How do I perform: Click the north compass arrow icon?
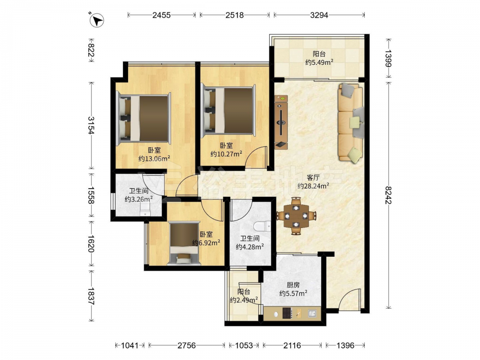point(97,21)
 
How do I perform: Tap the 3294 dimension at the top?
point(319,15)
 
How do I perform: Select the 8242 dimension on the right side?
point(389,195)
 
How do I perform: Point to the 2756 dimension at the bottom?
point(186,346)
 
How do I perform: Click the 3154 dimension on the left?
point(91,125)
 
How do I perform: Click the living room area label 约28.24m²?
point(313,185)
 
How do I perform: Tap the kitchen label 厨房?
point(293,285)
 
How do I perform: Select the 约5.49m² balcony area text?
point(319,62)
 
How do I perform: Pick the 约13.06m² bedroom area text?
point(154,158)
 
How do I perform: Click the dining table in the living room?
point(296,216)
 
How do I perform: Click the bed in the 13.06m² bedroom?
point(144,118)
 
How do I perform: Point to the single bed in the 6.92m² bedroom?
point(184,243)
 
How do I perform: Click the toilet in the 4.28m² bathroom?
point(262,226)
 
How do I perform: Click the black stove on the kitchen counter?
point(288,313)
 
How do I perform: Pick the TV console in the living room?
point(281,122)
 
